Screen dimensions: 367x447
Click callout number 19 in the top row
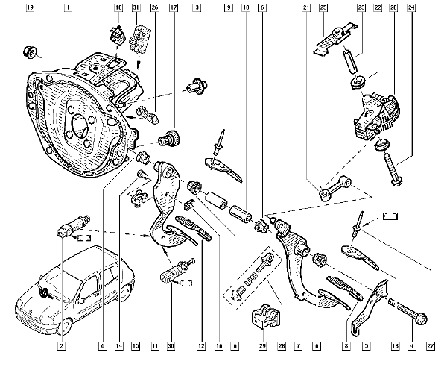pyautogui.click(x=30, y=8)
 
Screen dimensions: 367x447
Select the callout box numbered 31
pyautogui.click(x=136, y=8)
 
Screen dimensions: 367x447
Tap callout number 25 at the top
pyautogui.click(x=323, y=8)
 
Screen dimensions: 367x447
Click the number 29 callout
pyautogui.click(x=261, y=346)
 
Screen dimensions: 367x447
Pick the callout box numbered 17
pyautogui.click(x=174, y=8)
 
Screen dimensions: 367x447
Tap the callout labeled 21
pyautogui.click(x=306, y=8)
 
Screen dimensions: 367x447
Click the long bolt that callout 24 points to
pyautogui.click(x=392, y=167)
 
